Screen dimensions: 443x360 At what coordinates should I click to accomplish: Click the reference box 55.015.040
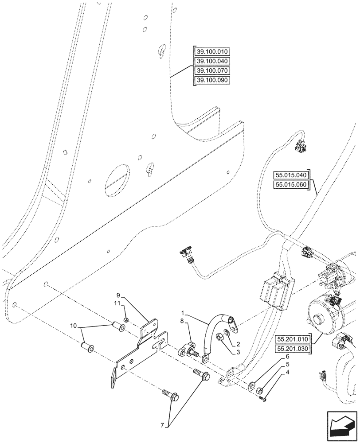291,175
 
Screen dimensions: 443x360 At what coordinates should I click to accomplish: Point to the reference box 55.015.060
291,185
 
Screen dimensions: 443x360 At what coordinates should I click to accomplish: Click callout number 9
119,295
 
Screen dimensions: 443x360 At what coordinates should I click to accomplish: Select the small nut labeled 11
126,320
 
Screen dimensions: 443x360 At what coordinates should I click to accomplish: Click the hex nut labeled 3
220,339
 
